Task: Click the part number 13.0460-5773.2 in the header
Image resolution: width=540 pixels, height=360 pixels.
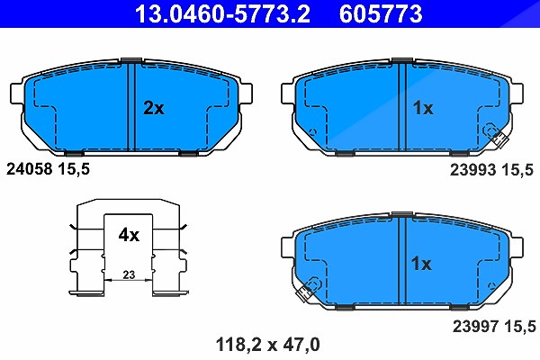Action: click(x=222, y=13)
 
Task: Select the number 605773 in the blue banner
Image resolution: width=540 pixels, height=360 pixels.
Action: click(x=381, y=13)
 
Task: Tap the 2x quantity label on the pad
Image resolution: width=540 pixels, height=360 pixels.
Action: click(x=154, y=108)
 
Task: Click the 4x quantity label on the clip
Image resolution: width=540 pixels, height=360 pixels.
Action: click(x=129, y=235)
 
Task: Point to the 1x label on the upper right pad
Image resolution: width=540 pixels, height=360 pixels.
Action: click(x=423, y=108)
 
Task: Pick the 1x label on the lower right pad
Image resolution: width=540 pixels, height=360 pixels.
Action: click(x=421, y=264)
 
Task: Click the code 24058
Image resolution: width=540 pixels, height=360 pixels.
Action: click(x=30, y=169)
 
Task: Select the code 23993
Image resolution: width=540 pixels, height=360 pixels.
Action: click(x=472, y=170)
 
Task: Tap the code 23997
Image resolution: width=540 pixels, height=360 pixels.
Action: click(x=475, y=326)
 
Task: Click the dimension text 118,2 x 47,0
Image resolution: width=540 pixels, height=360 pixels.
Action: click(x=268, y=345)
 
